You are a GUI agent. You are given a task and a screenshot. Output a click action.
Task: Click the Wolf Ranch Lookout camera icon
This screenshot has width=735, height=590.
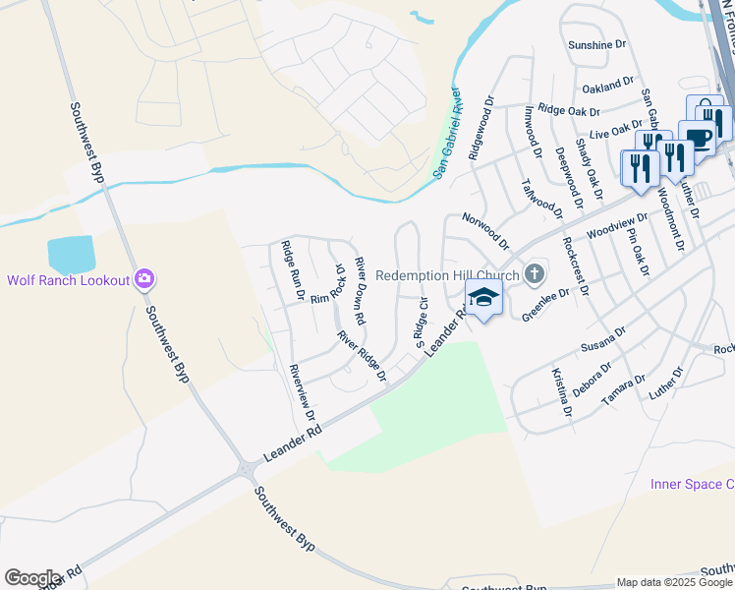[144, 280]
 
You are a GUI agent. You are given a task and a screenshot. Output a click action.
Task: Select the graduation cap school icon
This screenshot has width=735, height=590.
[483, 297]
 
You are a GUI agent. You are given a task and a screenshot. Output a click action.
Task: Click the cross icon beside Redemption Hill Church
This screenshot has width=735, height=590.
[534, 273]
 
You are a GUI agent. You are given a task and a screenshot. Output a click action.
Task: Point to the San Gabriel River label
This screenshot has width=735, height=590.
[448, 134]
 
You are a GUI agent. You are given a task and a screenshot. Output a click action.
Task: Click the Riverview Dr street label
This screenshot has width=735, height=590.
[301, 385]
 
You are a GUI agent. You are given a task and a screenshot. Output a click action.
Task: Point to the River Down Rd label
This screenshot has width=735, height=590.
[360, 291]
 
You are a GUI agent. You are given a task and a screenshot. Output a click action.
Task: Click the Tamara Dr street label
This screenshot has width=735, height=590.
[625, 384]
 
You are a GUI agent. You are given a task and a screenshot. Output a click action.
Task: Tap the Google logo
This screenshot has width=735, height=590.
[32, 578]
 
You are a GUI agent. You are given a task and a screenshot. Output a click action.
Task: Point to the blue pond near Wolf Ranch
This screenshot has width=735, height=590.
[71, 255]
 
